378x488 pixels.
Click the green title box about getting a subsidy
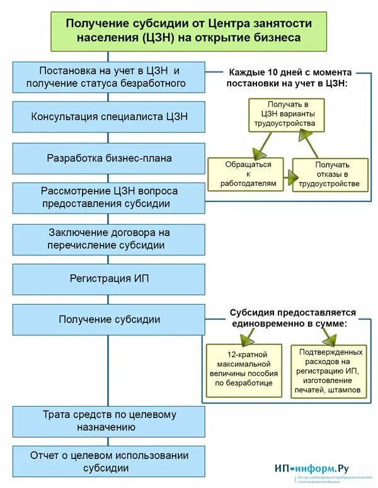coord(189,30)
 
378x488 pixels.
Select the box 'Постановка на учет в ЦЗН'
coord(109,77)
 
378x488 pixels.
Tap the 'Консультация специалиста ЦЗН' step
coord(109,116)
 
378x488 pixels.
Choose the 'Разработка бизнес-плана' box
coord(109,158)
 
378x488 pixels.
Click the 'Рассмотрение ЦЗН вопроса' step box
coord(109,197)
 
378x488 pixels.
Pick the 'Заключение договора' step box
coord(109,239)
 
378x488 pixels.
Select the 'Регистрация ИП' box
coord(109,279)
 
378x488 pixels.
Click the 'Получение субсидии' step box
coord(109,319)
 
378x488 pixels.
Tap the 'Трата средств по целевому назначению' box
coord(109,421)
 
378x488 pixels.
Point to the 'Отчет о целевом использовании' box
coord(109,462)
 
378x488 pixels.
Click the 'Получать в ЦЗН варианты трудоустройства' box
coord(286,115)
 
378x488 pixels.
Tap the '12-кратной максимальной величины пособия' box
coord(243,369)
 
